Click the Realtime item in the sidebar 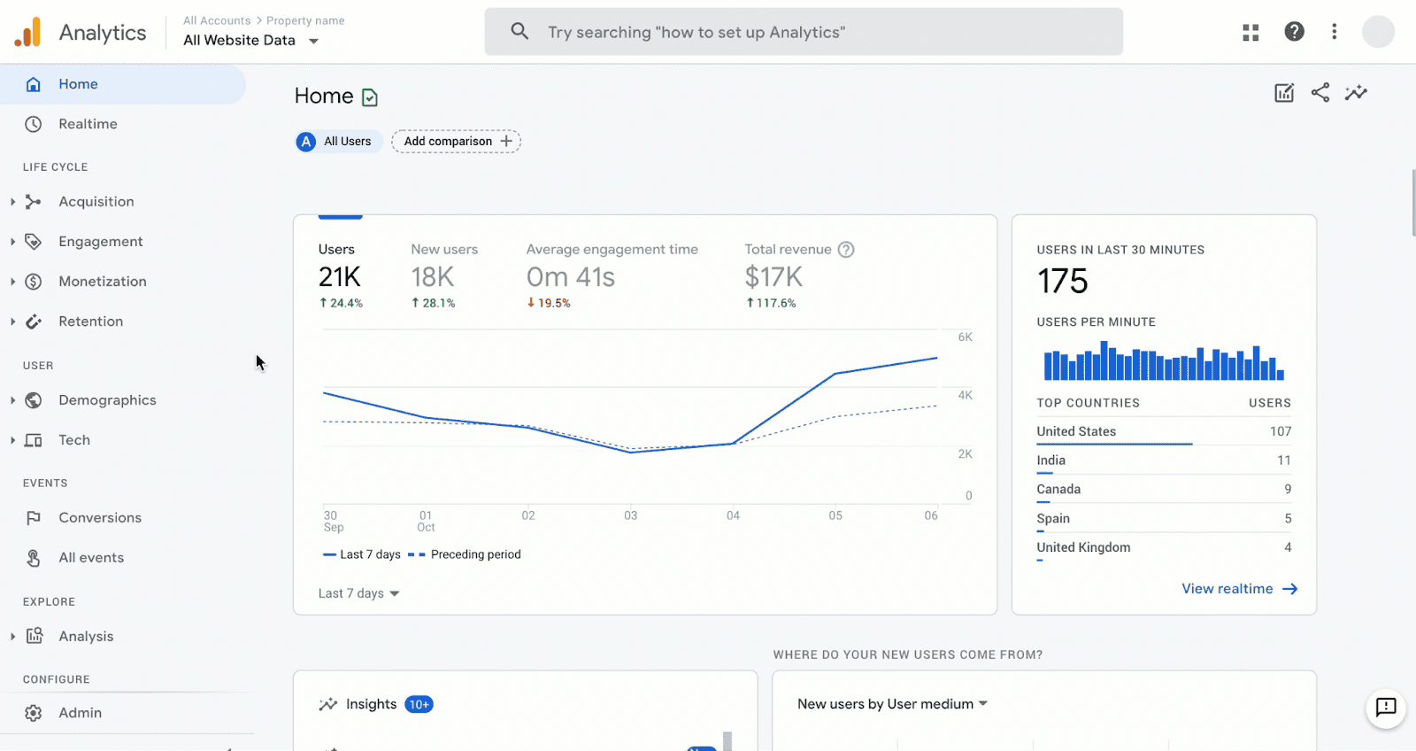point(88,124)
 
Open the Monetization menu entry point(102,282)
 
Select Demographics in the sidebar point(107,400)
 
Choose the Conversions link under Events point(99,518)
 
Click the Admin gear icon point(34,713)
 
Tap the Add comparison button point(457,142)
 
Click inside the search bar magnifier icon point(519,32)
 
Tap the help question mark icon point(1294,32)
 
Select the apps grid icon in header point(1251,33)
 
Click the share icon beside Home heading point(1320,93)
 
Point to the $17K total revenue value point(773,277)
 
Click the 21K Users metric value point(340,277)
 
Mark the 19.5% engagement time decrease point(550,303)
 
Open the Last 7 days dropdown point(359,593)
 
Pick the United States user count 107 point(1280,431)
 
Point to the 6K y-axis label point(965,337)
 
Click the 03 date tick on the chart point(630,515)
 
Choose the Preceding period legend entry point(475,554)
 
